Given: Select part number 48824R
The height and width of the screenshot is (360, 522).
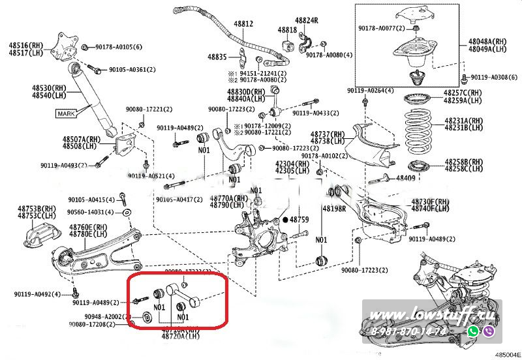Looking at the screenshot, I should click(x=305, y=20).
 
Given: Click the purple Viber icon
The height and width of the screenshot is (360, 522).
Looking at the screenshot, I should click(x=489, y=331).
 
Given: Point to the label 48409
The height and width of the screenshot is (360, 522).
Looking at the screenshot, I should click(x=406, y=178).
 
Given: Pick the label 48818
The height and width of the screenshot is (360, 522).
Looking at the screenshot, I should click(x=287, y=30).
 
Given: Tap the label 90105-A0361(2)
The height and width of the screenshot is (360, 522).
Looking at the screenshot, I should click(x=132, y=69).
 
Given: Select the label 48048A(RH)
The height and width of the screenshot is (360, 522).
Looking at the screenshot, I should click(x=487, y=41).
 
